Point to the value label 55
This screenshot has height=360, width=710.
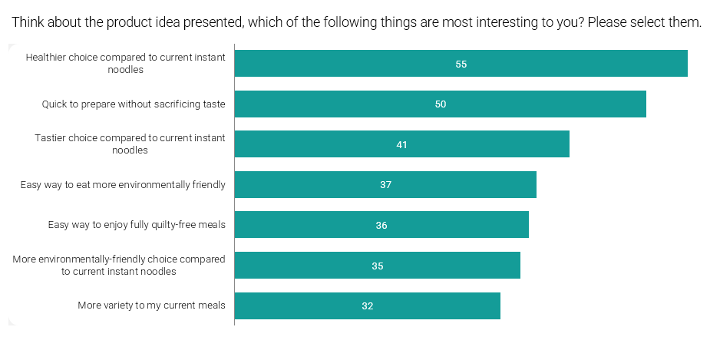click(x=461, y=64)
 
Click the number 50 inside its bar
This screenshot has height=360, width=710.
click(x=441, y=104)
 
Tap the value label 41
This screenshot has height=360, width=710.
click(x=401, y=144)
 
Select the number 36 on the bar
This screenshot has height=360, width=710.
click(x=381, y=225)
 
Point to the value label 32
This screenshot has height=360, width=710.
click(x=368, y=306)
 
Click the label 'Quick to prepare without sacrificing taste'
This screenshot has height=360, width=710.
click(x=134, y=104)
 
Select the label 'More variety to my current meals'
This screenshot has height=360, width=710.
click(x=151, y=306)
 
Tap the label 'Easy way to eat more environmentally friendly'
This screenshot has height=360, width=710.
click(x=123, y=185)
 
